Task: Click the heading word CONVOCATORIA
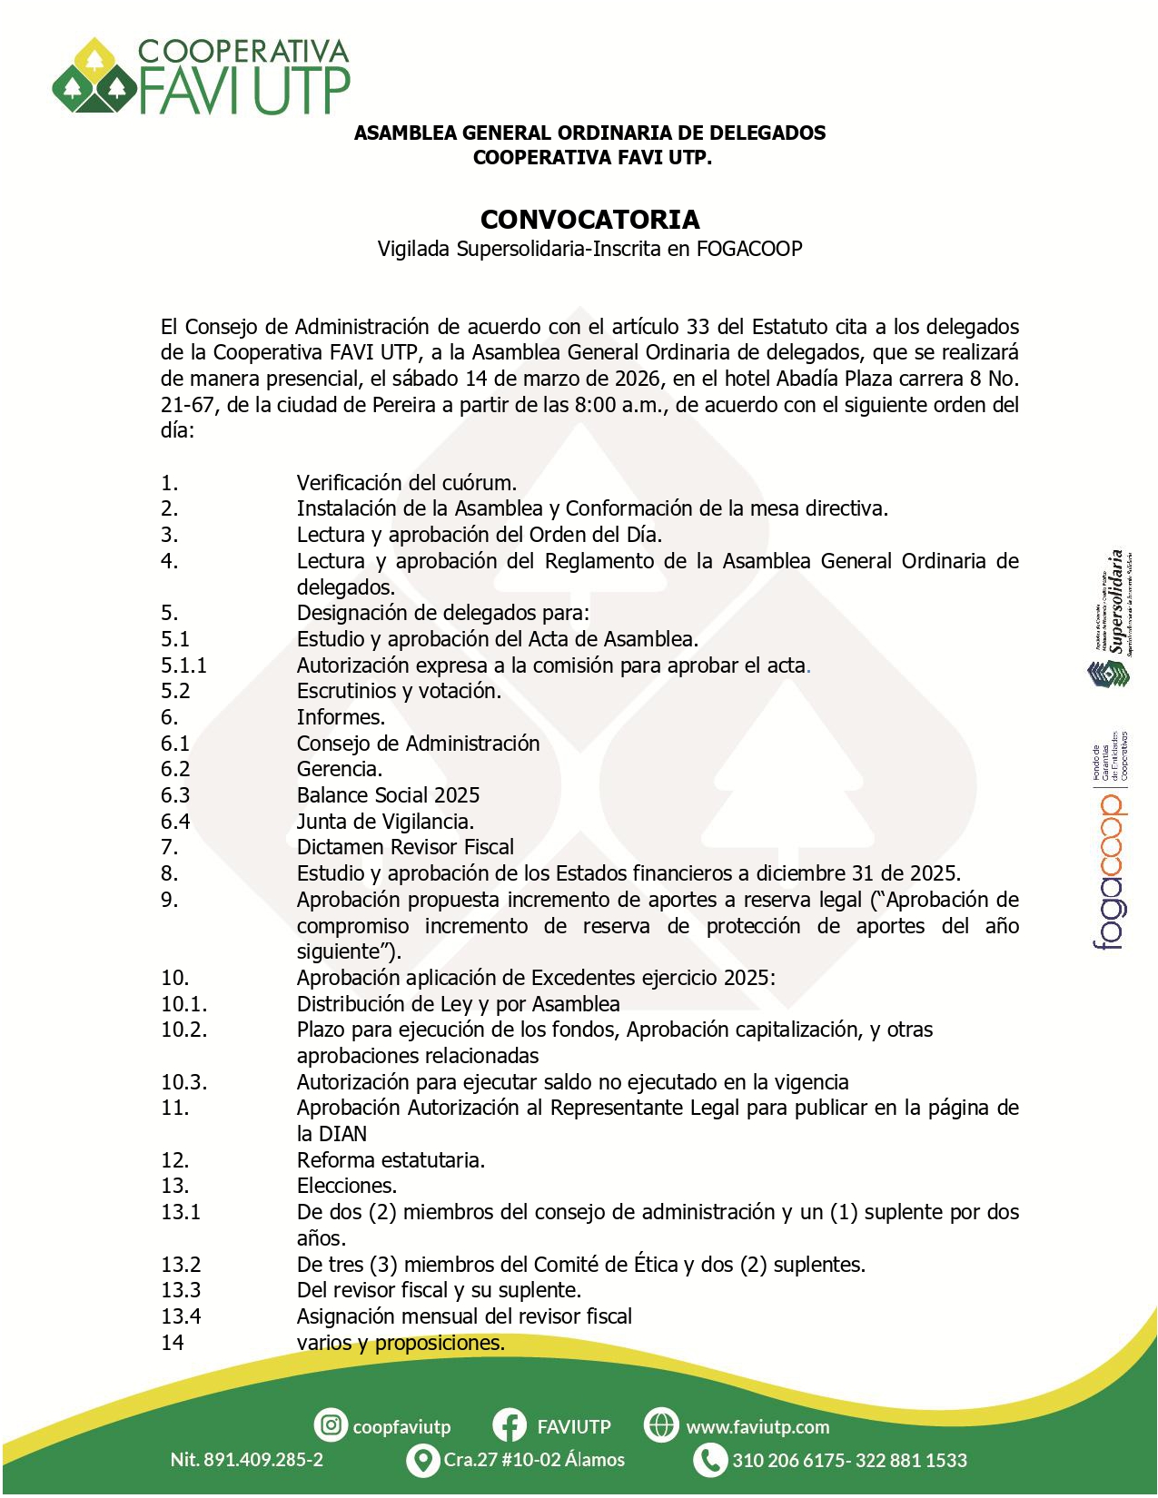point(589,220)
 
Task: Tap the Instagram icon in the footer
point(332,1425)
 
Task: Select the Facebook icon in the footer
point(510,1425)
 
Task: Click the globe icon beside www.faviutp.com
point(661,1425)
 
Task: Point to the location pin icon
point(422,1460)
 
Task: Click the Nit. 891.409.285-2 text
point(246,1460)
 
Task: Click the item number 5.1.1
point(183,665)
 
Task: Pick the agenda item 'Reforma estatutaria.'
point(391,1160)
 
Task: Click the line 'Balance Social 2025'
point(388,795)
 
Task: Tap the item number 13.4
point(181,1316)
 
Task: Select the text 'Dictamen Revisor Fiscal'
point(405,847)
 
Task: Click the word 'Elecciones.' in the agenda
point(347,1186)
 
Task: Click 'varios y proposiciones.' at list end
point(401,1343)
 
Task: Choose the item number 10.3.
point(183,1082)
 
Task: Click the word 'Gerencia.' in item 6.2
point(340,769)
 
